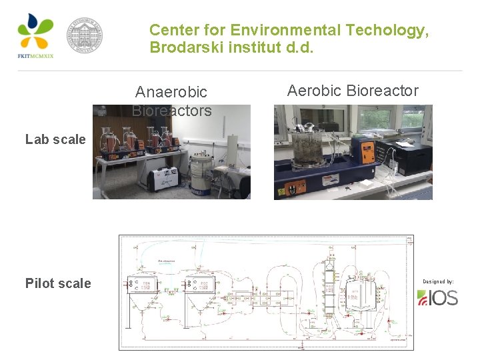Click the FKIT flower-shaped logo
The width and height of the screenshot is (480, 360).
coord(35,32)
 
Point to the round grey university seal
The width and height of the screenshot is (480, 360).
coord(85,35)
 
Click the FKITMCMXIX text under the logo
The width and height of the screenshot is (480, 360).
coord(35,56)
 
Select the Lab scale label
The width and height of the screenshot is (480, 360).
coord(55,139)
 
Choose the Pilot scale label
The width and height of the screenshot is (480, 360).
coord(58,283)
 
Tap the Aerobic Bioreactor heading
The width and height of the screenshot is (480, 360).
coord(353,91)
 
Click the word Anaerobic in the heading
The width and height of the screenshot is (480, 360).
coord(171,92)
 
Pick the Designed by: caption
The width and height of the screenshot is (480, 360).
coord(437,281)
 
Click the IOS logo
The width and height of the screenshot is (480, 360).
coord(438,297)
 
